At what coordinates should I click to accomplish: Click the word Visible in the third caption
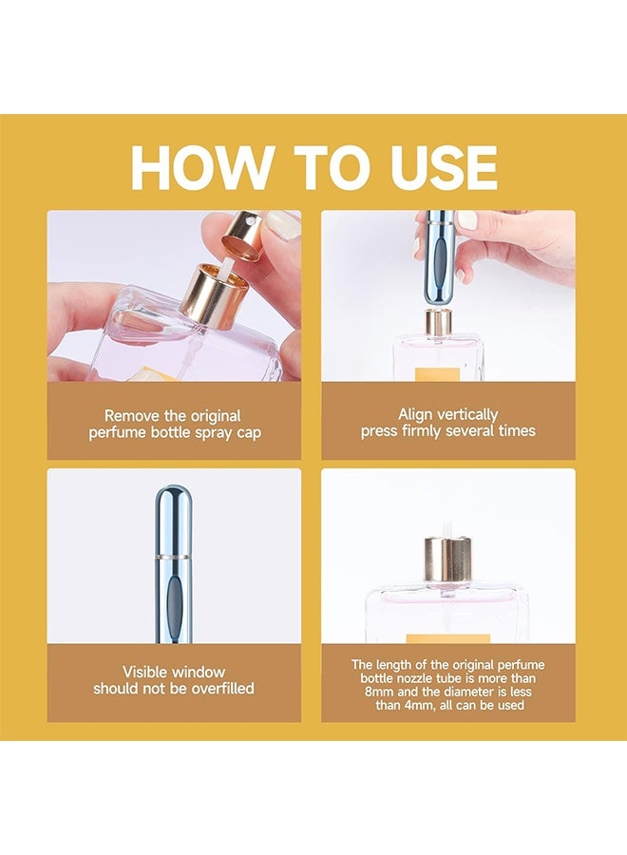(148, 672)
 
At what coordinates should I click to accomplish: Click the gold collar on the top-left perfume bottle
(215, 294)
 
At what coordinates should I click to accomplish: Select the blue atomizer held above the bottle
(438, 249)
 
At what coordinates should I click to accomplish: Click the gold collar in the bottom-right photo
(447, 559)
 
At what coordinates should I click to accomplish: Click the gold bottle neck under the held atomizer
(437, 321)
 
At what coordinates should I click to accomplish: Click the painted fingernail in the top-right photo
(466, 219)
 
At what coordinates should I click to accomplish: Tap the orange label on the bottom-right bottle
(447, 638)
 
